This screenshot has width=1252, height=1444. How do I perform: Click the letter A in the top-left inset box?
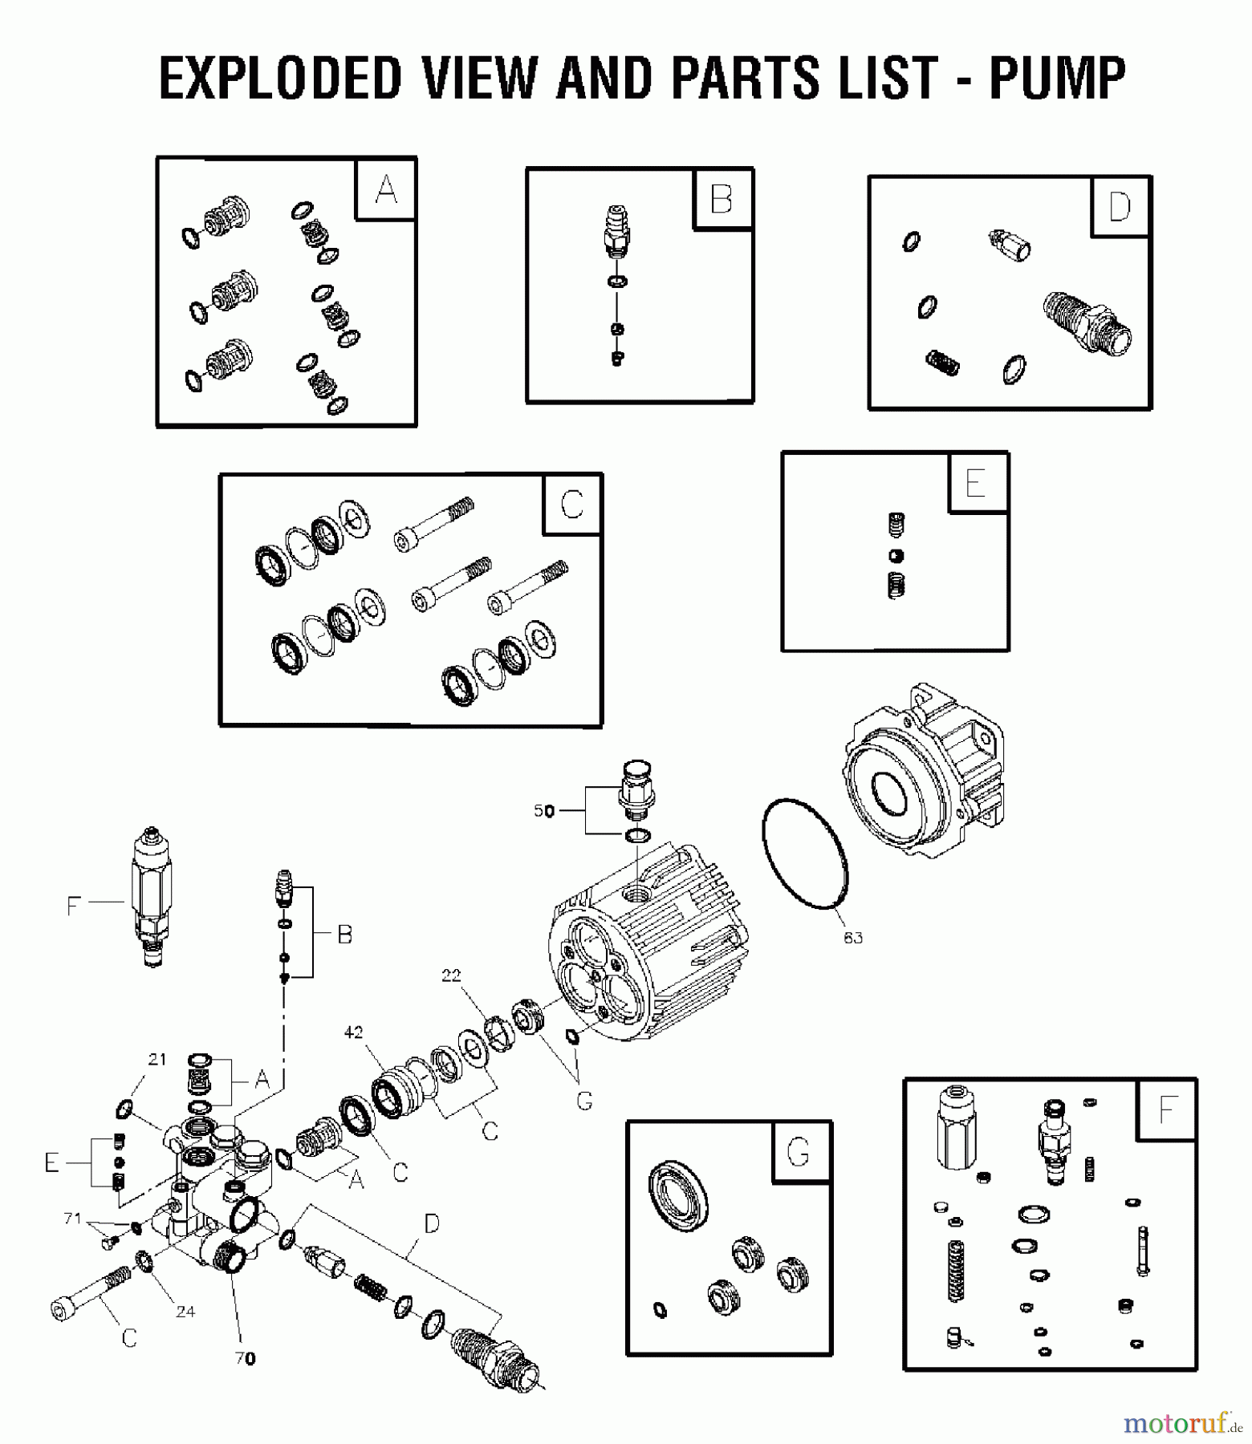point(386,189)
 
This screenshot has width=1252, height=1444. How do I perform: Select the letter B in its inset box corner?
point(722,199)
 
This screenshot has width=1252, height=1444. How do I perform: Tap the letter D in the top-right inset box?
point(1120,207)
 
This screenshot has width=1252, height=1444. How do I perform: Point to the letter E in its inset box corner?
point(975,483)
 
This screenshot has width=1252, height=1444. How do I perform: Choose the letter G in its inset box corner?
point(798,1153)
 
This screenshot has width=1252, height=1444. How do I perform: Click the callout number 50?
point(544,811)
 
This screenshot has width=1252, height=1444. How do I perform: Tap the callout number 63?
point(852,937)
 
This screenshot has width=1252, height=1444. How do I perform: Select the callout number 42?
point(354,1032)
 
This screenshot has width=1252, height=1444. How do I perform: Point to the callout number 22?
point(452,976)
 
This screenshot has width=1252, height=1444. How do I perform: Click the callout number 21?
point(157,1059)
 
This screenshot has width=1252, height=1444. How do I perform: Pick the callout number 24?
point(185,1312)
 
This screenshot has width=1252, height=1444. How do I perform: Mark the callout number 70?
point(246,1358)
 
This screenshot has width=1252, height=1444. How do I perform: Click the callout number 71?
point(73,1219)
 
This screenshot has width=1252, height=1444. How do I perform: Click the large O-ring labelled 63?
point(805,854)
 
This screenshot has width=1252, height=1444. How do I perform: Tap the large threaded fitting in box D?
point(1089,324)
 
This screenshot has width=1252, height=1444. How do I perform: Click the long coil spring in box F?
point(955,1270)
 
